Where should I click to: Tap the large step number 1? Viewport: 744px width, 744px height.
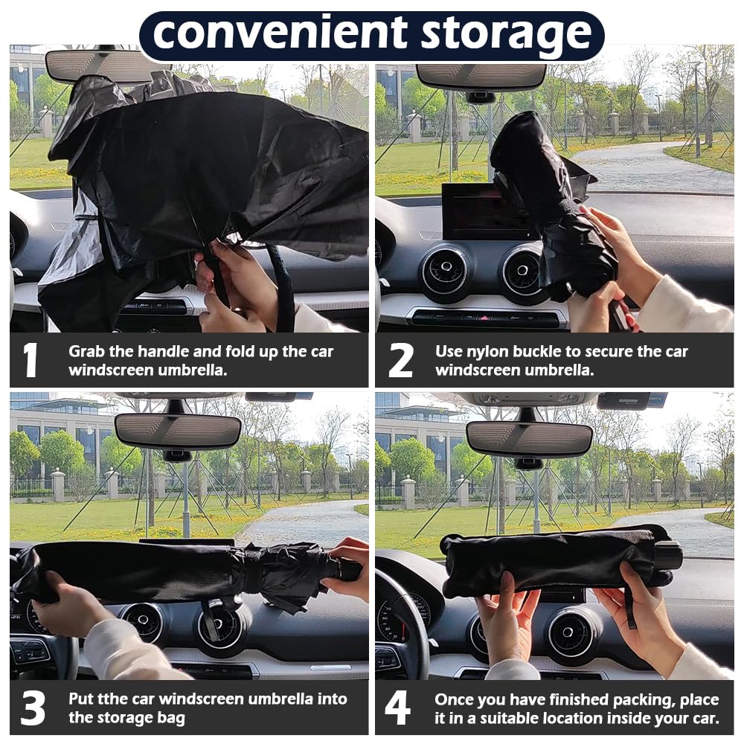pos(30,360)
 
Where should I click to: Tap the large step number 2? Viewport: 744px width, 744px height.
pos(400,360)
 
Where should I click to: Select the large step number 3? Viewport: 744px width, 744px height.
pos(32,708)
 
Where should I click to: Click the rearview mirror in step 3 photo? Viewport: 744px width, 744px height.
pos(178,430)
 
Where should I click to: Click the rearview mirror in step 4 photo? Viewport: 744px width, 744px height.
pos(528,438)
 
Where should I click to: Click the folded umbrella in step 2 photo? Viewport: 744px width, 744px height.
pos(551,201)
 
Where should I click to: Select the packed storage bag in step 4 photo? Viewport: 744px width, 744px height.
pos(554,562)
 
